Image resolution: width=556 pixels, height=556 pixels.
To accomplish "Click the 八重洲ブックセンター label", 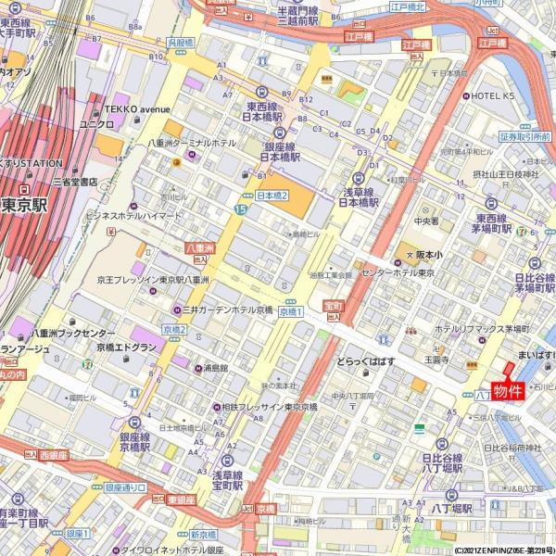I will pos(74,333).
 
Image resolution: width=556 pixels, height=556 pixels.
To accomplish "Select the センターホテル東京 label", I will pos(398,272).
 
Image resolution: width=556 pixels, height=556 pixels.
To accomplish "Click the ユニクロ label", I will pos(96,123).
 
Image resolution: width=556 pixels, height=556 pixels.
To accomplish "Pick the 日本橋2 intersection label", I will pos(272,196).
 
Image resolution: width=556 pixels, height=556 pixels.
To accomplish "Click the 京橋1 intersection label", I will pos(291,312).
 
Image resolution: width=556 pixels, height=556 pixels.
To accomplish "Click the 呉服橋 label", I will pos(181,43).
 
